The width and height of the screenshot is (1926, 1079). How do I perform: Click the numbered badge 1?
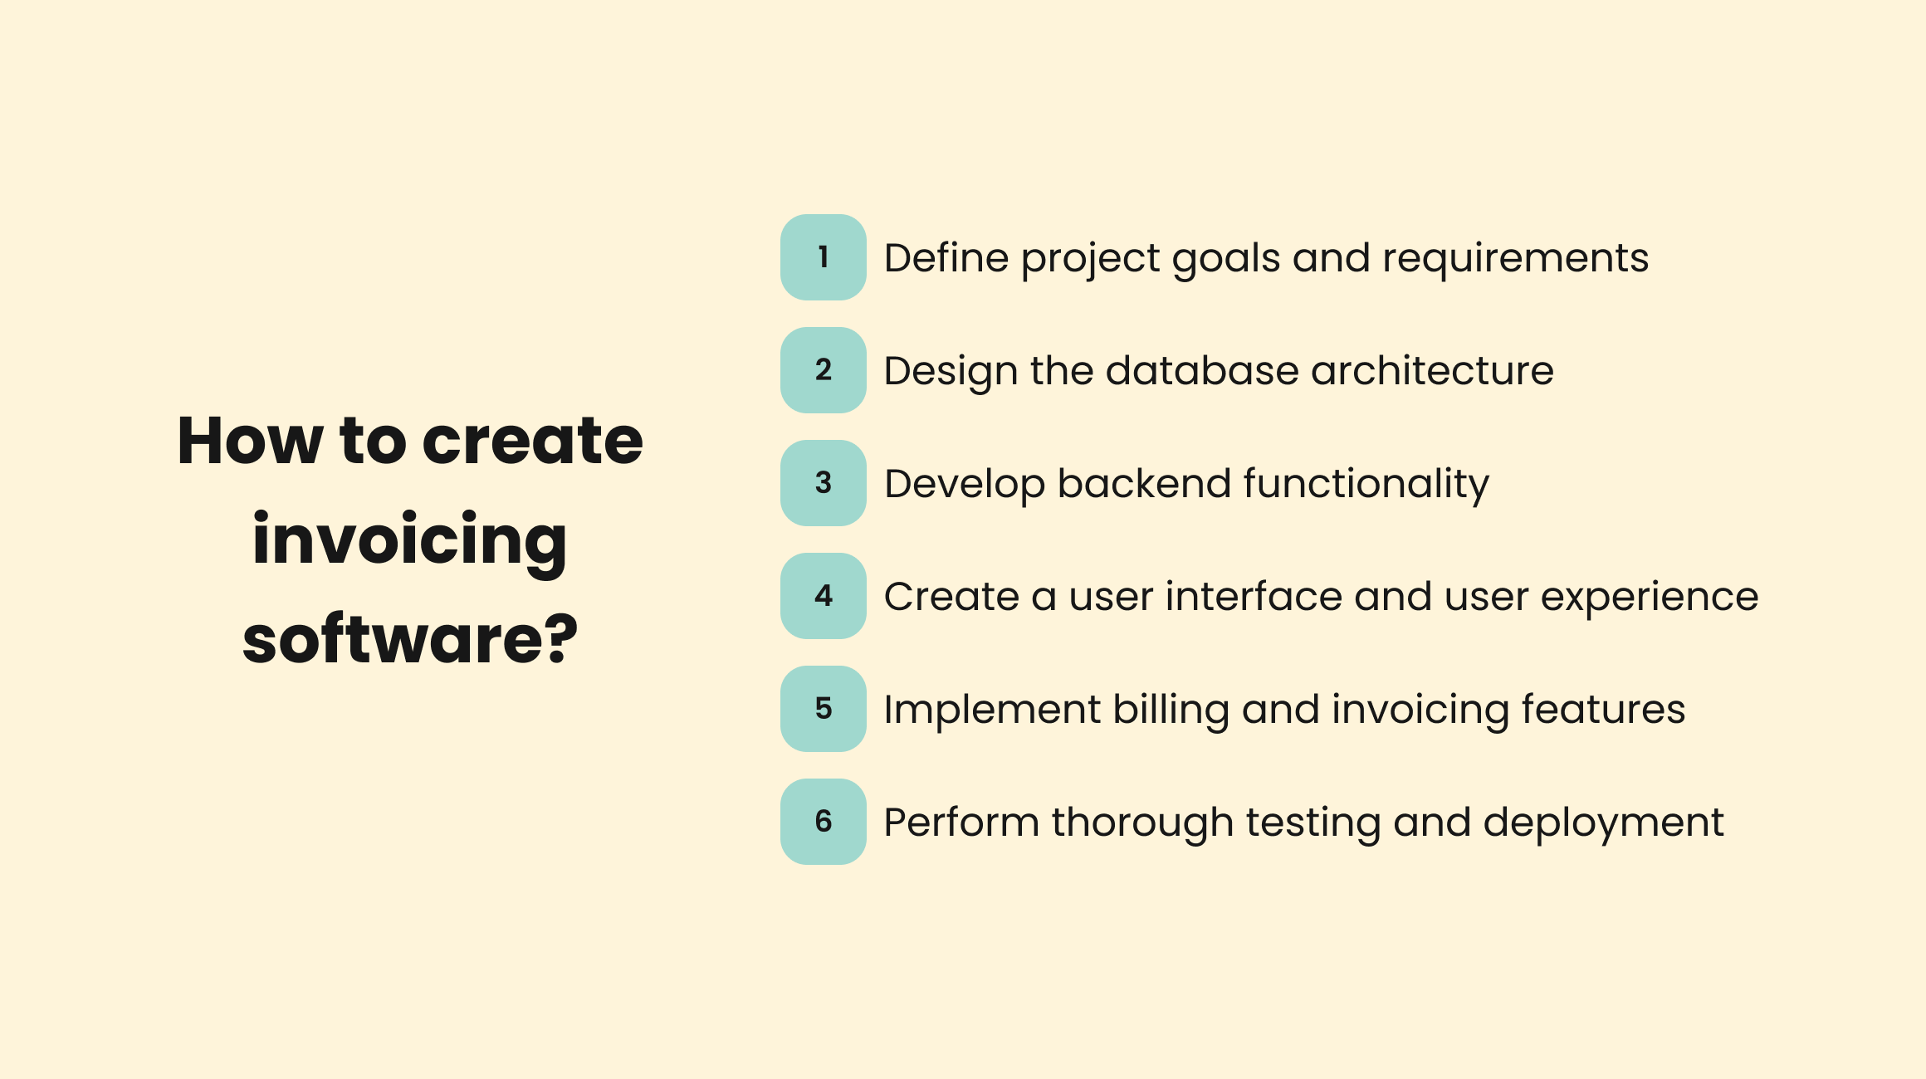point(823,257)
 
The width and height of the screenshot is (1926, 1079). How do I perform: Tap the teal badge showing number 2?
point(823,370)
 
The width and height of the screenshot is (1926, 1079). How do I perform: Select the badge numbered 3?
point(823,483)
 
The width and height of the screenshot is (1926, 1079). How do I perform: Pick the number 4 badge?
point(823,596)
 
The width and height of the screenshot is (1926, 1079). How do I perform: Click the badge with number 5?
point(823,709)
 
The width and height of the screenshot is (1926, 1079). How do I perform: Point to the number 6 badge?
point(823,822)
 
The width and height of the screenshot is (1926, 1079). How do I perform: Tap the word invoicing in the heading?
point(409,541)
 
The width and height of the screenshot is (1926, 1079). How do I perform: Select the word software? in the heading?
point(409,640)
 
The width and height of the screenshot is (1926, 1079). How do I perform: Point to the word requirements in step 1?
point(1515,259)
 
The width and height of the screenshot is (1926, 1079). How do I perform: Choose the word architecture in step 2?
point(1432,371)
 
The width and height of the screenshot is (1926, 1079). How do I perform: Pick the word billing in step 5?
point(1171,710)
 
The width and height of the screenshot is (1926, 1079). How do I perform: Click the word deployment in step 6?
point(1603,824)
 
